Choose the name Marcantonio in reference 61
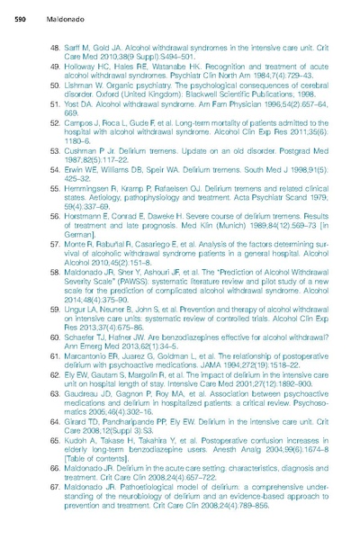(93, 367)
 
